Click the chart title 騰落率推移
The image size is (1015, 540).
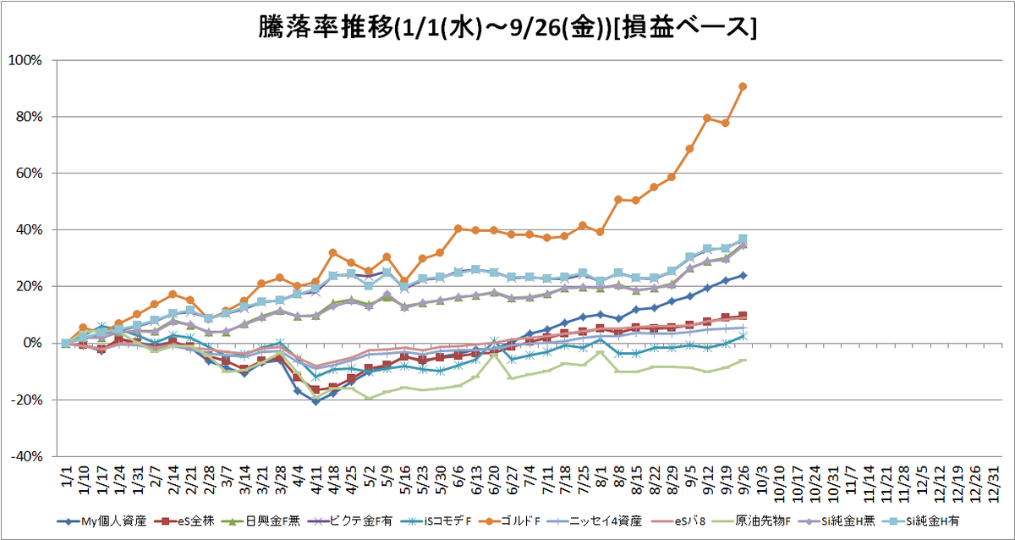(326, 27)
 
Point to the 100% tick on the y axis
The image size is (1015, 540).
(25, 60)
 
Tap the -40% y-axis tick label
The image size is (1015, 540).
(27, 456)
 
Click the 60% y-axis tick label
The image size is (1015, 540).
(29, 174)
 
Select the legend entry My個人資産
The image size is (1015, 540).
(102, 521)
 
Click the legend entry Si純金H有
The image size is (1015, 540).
(921, 521)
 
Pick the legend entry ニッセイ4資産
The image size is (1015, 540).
(595, 521)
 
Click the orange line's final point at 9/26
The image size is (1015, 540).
(743, 86)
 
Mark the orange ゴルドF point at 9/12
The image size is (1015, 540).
(707, 118)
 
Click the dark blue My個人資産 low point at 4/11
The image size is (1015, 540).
(315, 402)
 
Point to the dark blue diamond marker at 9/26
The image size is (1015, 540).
(743, 275)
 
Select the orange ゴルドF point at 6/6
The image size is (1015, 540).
(458, 229)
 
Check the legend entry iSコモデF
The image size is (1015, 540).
(436, 521)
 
